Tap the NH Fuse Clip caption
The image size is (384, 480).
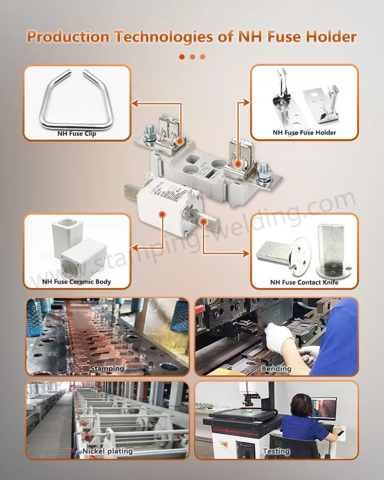(x=77, y=133)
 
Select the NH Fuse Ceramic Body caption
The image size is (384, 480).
(x=77, y=282)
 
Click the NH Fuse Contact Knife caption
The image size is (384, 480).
(x=304, y=282)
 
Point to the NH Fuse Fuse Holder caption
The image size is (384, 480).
(x=304, y=133)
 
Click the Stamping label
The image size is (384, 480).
(x=107, y=368)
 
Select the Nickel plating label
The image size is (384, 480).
(x=107, y=452)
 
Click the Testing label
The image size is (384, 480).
(x=276, y=452)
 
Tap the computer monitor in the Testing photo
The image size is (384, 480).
(x=323, y=409)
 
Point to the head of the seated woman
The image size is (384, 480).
(x=301, y=403)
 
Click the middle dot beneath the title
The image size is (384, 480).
(x=192, y=57)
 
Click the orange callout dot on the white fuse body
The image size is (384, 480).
(x=163, y=213)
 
